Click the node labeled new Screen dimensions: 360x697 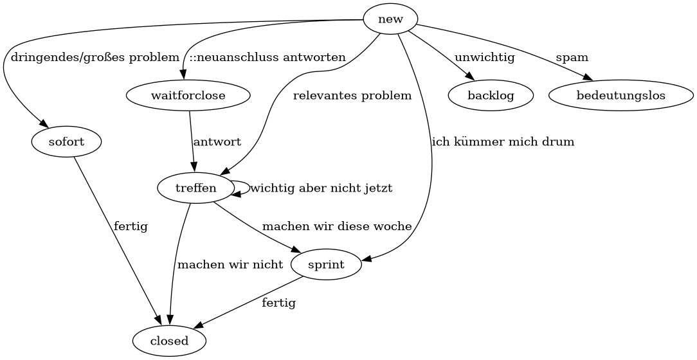click(390, 19)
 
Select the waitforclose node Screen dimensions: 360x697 click(188, 96)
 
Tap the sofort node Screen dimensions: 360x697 click(66, 141)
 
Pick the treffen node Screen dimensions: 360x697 click(195, 188)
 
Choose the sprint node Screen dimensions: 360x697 click(326, 264)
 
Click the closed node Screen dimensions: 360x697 click(169, 341)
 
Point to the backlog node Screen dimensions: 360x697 click(491, 96)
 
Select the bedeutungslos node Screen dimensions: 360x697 click(620, 96)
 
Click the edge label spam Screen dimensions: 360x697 click(572, 58)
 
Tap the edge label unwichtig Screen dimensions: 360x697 click(484, 58)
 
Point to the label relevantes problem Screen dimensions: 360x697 click(352, 96)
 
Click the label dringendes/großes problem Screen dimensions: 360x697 click(95, 58)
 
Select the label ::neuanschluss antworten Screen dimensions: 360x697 click(267, 58)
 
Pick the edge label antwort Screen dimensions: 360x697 click(217, 142)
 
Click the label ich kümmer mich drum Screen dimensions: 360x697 click(503, 142)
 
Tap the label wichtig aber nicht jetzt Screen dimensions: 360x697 click(321, 188)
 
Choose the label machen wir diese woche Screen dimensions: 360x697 click(336, 226)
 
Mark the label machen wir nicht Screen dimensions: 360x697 click(230, 264)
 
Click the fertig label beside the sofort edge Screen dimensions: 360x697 click(131, 226)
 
